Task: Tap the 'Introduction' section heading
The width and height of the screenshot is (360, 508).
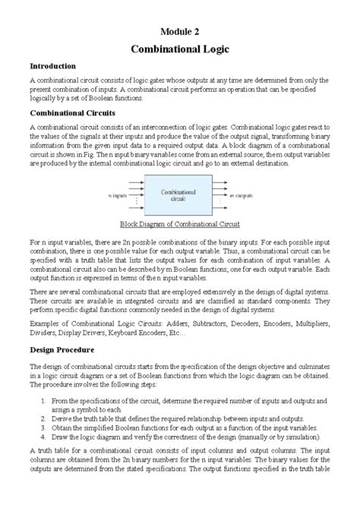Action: (x=52, y=66)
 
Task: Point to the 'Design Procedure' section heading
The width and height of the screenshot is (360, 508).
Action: (x=62, y=350)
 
